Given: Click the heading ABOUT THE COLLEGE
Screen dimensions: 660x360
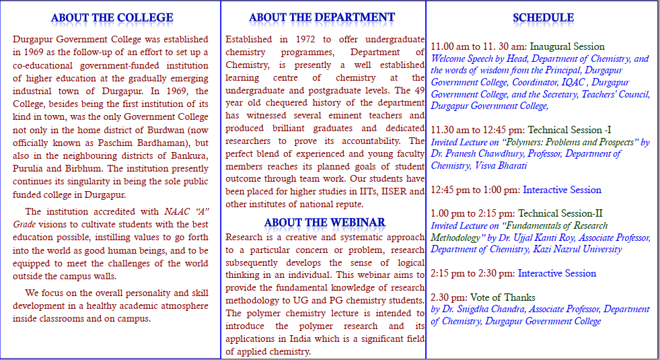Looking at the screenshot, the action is [112, 17].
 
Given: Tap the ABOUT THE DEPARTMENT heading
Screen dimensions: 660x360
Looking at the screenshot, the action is [322, 17].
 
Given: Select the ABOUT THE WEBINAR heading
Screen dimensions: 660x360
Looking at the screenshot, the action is [324, 222].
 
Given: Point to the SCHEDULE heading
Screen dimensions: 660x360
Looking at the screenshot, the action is [543, 17].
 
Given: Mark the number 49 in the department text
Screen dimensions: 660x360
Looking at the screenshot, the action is [419, 90].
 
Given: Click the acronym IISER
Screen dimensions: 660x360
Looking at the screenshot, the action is [394, 192].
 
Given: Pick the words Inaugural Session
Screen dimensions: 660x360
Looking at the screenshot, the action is [567, 46].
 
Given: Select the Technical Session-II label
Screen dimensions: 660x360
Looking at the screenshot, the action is [560, 213].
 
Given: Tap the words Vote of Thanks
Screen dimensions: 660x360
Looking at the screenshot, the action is [503, 297].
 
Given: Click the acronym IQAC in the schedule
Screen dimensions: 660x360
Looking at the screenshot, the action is [575, 82].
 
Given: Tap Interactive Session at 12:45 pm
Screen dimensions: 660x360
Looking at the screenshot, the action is [562, 190].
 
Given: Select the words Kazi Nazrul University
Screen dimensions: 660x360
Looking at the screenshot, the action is [577, 249].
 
